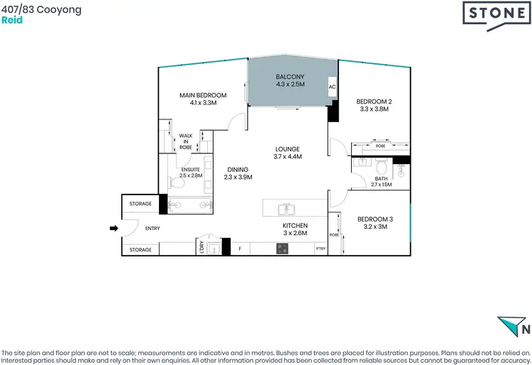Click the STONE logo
[x=494, y=13]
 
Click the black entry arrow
[x=113, y=228]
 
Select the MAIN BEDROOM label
[x=202, y=99]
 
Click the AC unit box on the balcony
[x=332, y=87]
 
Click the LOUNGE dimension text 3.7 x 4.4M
[x=288, y=156]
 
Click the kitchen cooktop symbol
[x=282, y=249]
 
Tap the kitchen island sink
[x=287, y=209]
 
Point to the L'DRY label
[x=202, y=247]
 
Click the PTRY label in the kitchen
[x=320, y=249]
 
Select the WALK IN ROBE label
[x=186, y=142]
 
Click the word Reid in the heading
[x=12, y=21]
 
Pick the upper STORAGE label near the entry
[x=140, y=204]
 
